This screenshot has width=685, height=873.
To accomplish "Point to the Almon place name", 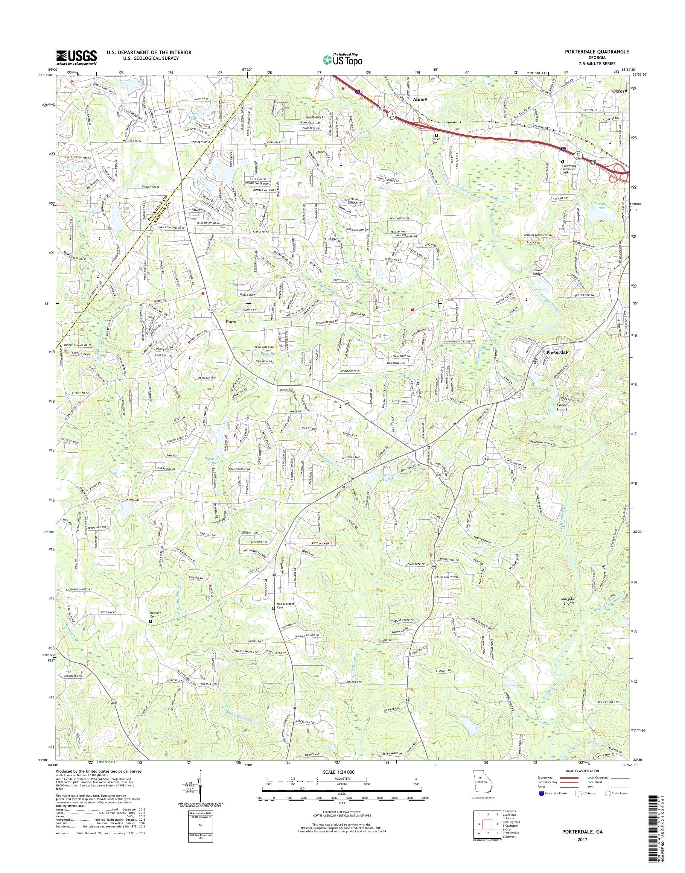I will [421, 99].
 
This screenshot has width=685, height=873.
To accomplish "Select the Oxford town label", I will [620, 91].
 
